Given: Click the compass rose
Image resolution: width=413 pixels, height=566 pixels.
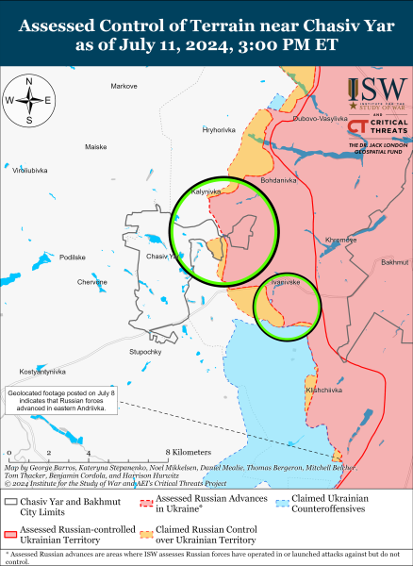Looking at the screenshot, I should [29, 99].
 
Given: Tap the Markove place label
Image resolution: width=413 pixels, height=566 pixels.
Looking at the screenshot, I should [124, 86].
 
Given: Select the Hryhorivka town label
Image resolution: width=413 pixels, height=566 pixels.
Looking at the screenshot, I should [219, 129].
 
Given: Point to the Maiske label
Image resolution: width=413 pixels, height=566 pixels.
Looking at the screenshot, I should [96, 147].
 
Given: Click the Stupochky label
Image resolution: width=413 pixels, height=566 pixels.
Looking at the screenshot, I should [146, 352].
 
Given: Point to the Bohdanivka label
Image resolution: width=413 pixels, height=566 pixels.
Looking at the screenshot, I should [278, 179].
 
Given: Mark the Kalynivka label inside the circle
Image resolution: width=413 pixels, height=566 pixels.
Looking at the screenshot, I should [206, 191].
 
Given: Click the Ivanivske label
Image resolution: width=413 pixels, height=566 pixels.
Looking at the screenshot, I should [285, 282].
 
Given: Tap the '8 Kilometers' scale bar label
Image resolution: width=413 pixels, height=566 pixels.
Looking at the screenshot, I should [188, 453].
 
